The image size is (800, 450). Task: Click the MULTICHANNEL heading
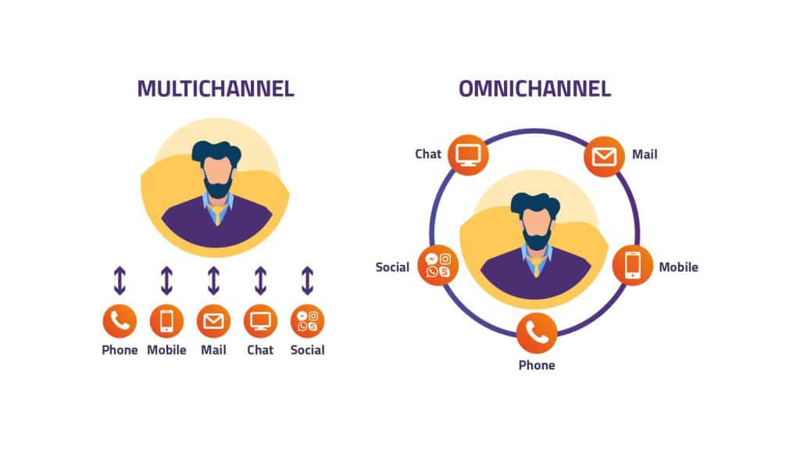point(216,88)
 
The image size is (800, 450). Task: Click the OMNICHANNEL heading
point(535,88)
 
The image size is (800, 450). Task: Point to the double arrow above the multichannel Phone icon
point(120,280)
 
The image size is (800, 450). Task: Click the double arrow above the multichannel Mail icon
point(213,280)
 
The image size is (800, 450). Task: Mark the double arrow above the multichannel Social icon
point(307,280)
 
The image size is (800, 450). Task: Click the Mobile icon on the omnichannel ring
point(633,266)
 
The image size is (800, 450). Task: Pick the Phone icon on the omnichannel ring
point(537,331)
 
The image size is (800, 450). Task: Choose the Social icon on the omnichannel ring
point(438,266)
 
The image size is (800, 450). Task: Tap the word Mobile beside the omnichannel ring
point(678,267)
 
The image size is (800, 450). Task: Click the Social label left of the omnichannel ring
point(392,267)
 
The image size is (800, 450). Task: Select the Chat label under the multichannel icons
point(260,350)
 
